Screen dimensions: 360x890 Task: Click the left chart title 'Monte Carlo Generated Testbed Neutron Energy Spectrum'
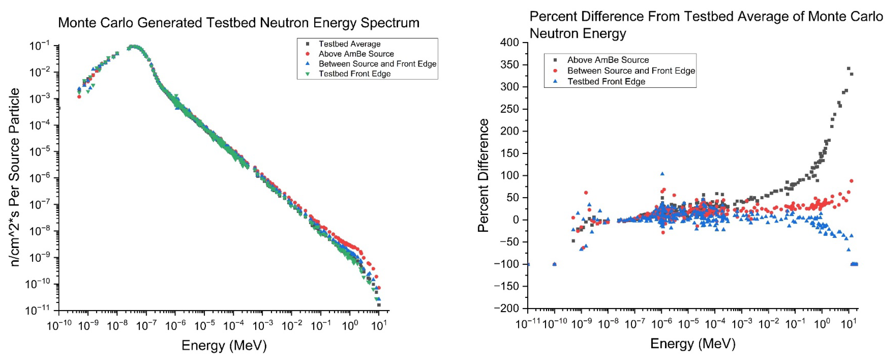pos(238,23)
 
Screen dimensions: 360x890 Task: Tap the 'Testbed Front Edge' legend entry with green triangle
pos(354,74)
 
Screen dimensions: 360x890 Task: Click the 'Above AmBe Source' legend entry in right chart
pos(608,60)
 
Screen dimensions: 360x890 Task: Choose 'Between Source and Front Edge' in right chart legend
pos(631,71)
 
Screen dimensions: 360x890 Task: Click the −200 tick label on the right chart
pos(506,308)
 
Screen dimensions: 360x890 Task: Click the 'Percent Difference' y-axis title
pos(483,175)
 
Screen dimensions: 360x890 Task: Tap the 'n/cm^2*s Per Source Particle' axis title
pos(15,177)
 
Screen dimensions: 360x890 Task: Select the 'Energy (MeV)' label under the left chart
pos(224,345)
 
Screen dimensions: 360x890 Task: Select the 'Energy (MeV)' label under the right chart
pos(693,344)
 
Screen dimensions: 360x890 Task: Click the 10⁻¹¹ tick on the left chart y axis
pos(38,310)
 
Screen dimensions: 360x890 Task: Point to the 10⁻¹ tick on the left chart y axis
pos(40,45)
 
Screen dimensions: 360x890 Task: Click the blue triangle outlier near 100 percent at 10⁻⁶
pos(662,174)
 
